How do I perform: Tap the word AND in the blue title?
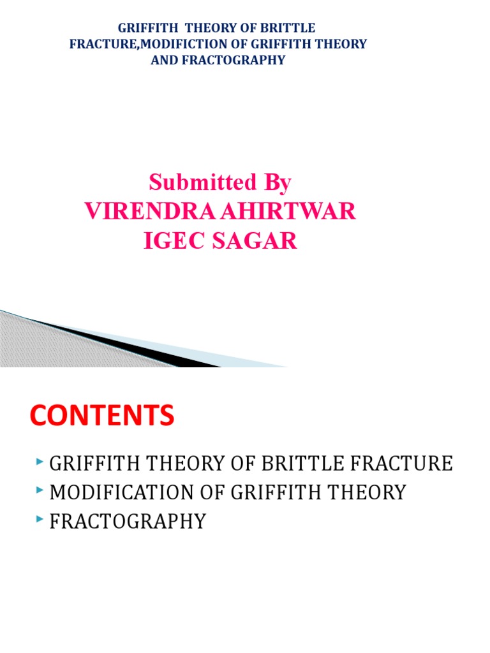161,61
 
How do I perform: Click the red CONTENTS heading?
102,416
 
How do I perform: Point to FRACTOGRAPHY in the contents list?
128,522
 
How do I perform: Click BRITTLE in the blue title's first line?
292,29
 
